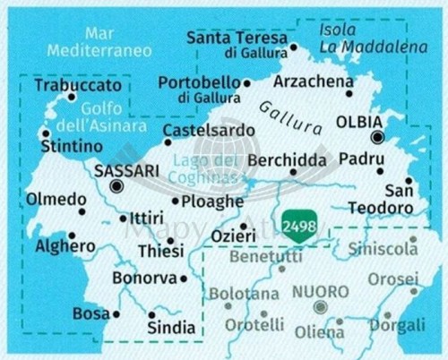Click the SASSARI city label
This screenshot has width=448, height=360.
[127, 168]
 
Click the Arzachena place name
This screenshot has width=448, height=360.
[310, 81]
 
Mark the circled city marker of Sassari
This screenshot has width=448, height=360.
[116, 186]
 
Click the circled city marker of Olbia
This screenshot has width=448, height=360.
[378, 138]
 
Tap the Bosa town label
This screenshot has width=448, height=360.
[91, 314]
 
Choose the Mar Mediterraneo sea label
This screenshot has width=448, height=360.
[100, 42]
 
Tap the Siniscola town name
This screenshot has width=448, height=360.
[383, 250]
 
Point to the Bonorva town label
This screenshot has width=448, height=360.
[143, 279]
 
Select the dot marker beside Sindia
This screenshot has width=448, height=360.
[151, 314]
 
